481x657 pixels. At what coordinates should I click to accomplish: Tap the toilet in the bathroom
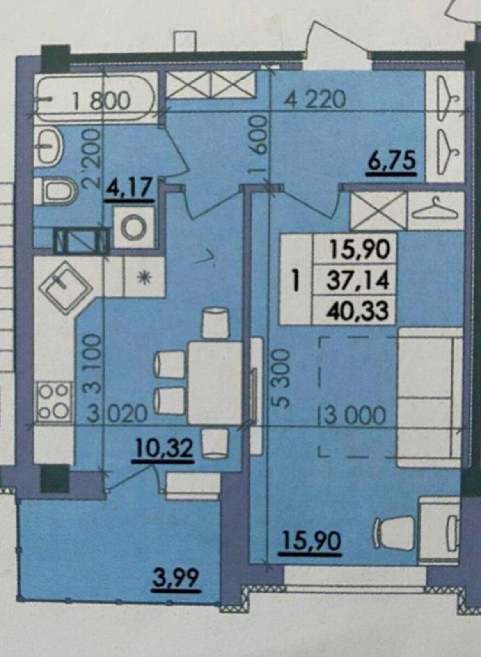(x=59, y=193)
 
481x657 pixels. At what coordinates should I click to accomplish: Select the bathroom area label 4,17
(x=131, y=188)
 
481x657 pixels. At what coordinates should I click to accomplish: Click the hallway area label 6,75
(x=392, y=162)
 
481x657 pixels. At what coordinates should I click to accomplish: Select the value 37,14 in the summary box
(x=360, y=281)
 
